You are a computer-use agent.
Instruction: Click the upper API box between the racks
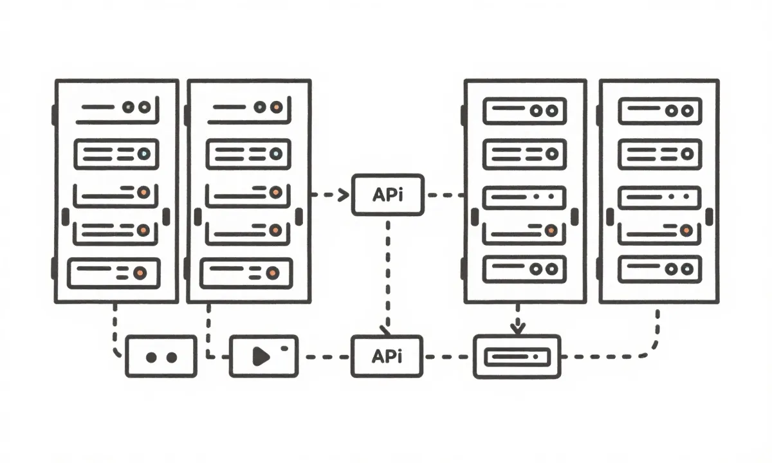pyautogui.click(x=388, y=194)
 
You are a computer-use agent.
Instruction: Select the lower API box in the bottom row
pyautogui.click(x=387, y=356)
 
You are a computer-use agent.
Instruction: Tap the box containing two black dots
pyautogui.click(x=161, y=356)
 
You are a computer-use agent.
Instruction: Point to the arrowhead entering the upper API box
pyautogui.click(x=343, y=194)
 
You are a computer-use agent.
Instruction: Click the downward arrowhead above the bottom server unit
pyautogui.click(x=517, y=328)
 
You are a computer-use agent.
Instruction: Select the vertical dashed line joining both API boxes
pyautogui.click(x=388, y=270)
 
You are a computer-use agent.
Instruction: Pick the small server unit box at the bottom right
pyautogui.click(x=517, y=356)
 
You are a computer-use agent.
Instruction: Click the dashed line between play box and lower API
pyautogui.click(x=325, y=356)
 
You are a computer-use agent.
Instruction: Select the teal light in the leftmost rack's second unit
pyautogui.click(x=144, y=154)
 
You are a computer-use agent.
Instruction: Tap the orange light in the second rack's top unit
pyautogui.click(x=275, y=107)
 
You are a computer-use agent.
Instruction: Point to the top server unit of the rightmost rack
pyautogui.click(x=659, y=111)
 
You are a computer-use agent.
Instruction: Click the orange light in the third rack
pyautogui.click(x=551, y=230)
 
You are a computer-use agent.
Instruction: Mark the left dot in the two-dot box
pyautogui.click(x=151, y=357)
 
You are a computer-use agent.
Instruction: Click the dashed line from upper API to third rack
pyautogui.click(x=444, y=194)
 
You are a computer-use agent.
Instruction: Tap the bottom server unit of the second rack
pyautogui.click(x=246, y=273)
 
